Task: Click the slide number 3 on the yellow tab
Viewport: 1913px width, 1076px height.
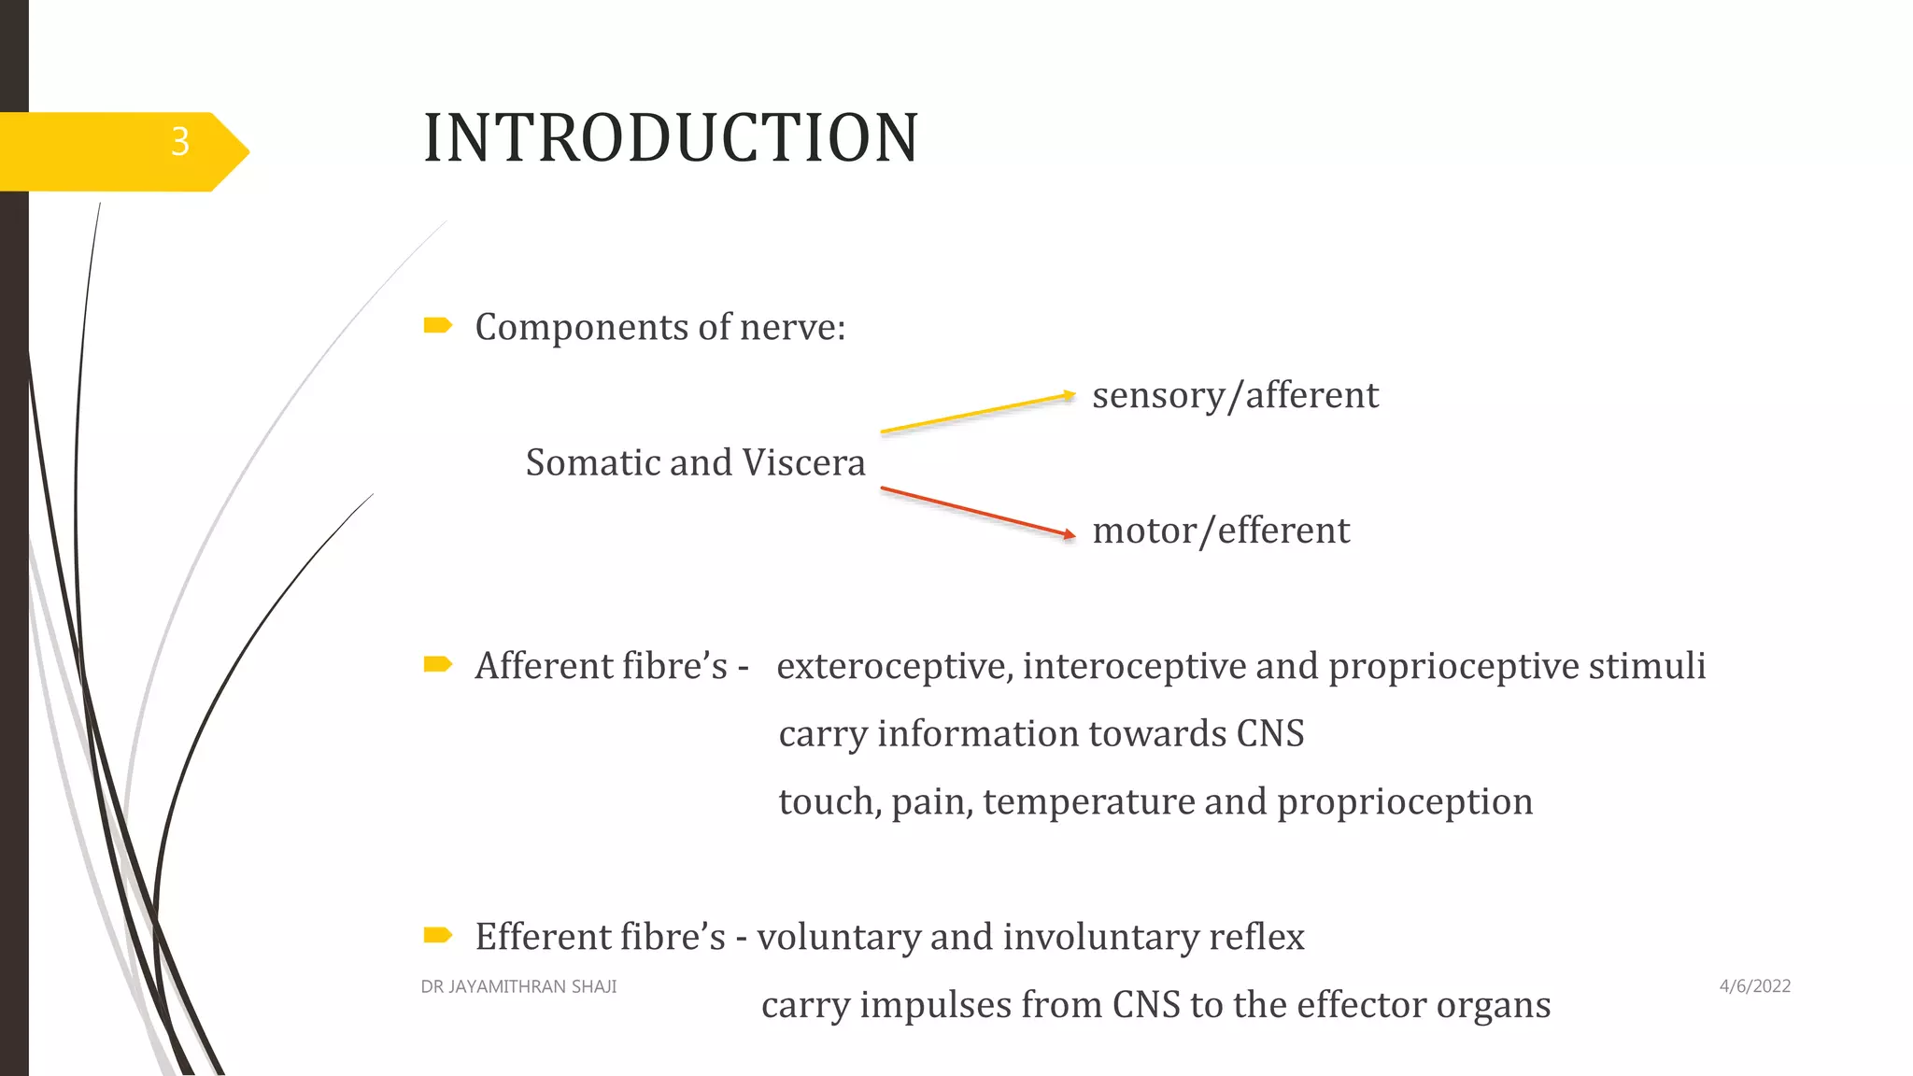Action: pyautogui.click(x=180, y=142)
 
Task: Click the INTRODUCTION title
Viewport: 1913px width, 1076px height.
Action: pyautogui.click(x=671, y=138)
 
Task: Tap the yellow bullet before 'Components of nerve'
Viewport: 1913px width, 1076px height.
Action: pyautogui.click(x=437, y=325)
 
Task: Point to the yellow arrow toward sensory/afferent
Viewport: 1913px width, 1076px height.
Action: pyautogui.click(x=977, y=413)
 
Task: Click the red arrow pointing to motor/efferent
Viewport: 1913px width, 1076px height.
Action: pyautogui.click(x=977, y=512)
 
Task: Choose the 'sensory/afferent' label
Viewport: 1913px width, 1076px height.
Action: pyautogui.click(x=1235, y=395)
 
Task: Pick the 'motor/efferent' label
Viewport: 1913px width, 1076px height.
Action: pyautogui.click(x=1221, y=531)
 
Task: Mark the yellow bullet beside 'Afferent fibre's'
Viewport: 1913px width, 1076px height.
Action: pyautogui.click(x=437, y=664)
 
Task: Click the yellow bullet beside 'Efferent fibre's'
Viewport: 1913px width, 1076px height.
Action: pyautogui.click(x=437, y=935)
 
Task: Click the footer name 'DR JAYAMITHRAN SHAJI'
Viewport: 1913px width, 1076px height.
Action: pyautogui.click(x=518, y=986)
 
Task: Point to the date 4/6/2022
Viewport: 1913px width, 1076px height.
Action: pyautogui.click(x=1754, y=986)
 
